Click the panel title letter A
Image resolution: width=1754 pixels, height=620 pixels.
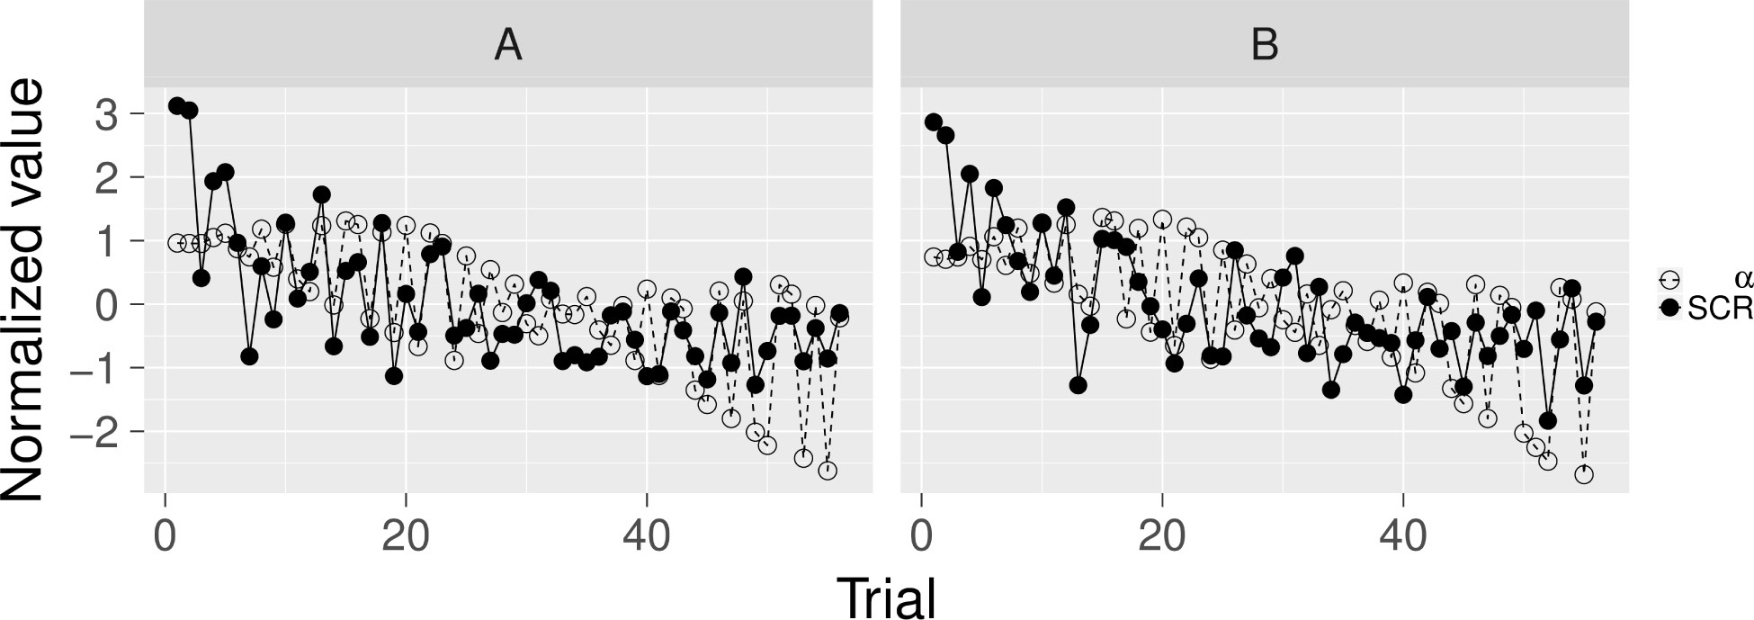click(x=508, y=45)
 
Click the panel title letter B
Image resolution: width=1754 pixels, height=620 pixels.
click(x=1265, y=45)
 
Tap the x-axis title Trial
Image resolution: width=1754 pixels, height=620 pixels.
click(x=886, y=596)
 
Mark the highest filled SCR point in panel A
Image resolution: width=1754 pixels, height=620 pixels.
click(x=177, y=106)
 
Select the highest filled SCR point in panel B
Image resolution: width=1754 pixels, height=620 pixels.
click(x=934, y=122)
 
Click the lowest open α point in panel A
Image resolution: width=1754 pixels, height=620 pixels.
click(x=828, y=471)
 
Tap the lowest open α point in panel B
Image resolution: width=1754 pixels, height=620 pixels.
click(x=1584, y=474)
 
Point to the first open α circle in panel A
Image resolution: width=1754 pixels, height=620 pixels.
click(x=177, y=243)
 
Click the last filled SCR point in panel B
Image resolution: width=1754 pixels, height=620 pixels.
click(x=1597, y=321)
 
